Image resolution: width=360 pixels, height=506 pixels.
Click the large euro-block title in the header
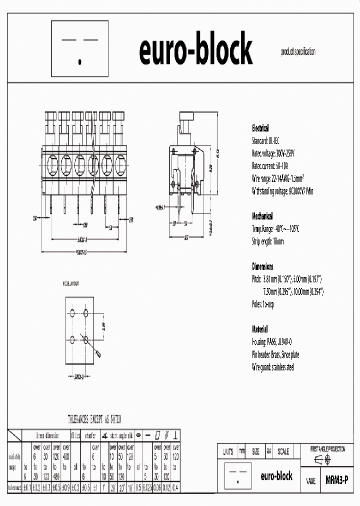click(195, 49)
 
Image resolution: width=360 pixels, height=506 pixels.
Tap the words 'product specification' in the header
click(298, 52)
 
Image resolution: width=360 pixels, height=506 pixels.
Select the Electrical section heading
click(260, 128)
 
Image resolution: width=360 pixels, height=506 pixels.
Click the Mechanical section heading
click(262, 216)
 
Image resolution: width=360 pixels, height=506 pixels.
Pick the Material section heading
click(259, 329)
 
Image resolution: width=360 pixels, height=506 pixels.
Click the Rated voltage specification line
click(273, 153)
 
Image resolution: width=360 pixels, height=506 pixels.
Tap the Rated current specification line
click(270, 165)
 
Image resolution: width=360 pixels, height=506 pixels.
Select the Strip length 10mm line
click(267, 241)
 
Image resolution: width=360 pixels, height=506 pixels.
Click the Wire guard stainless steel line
click(273, 367)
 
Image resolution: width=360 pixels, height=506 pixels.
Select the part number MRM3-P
click(336, 478)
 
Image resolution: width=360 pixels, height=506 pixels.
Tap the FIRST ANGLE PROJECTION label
click(327, 449)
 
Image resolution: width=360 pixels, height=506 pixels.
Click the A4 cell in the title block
click(269, 451)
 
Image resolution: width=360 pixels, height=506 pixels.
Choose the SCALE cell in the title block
click(283, 451)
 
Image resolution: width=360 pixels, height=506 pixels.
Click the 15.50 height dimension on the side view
click(218, 154)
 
